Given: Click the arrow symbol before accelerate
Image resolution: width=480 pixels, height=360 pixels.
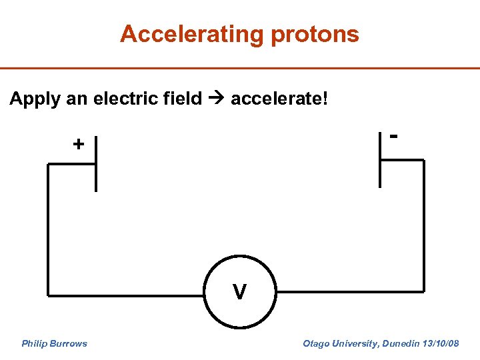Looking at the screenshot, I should tap(216, 100).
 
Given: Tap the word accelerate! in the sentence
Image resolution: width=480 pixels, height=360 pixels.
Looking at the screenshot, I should tap(279, 99).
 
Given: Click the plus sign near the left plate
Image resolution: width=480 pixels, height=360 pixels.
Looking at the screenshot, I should tap(79, 144).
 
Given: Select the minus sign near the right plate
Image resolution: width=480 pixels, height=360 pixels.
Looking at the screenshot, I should tap(395, 136).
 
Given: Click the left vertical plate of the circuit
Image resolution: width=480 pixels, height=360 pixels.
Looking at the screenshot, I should tap(95, 164).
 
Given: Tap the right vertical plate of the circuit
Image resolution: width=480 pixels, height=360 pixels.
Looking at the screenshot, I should tap(380, 159).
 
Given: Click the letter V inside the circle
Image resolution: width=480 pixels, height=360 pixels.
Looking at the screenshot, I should tap(239, 292).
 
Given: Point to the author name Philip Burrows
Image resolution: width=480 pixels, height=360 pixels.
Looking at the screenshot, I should tap(54, 343).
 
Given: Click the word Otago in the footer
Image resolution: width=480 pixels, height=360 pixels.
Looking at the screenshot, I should tap(315, 343).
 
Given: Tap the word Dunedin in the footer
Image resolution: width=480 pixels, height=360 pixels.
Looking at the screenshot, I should tap(399, 343).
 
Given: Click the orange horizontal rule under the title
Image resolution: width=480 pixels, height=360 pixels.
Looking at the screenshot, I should tap(240, 68).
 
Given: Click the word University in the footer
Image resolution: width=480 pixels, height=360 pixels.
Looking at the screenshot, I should tap(354, 343).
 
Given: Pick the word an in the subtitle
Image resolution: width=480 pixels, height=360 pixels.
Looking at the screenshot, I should tap(77, 100).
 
